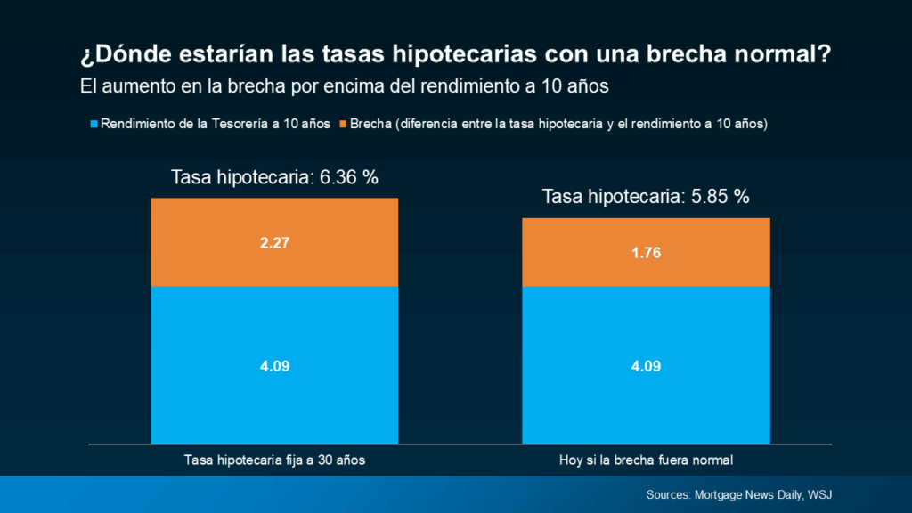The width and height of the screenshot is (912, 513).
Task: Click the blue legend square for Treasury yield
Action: (x=94, y=124)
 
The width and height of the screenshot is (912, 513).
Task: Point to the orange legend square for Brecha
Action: (x=344, y=124)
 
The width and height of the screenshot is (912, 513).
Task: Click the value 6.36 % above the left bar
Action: (x=351, y=177)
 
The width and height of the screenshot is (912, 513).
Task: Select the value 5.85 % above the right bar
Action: (x=721, y=198)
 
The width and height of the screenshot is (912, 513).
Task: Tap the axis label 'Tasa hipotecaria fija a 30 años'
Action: (x=274, y=460)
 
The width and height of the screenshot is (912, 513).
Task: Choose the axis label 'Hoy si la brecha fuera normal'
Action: (x=646, y=460)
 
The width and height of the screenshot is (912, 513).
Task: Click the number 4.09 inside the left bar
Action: (x=274, y=365)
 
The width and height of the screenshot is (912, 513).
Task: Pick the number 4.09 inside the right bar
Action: (x=646, y=365)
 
